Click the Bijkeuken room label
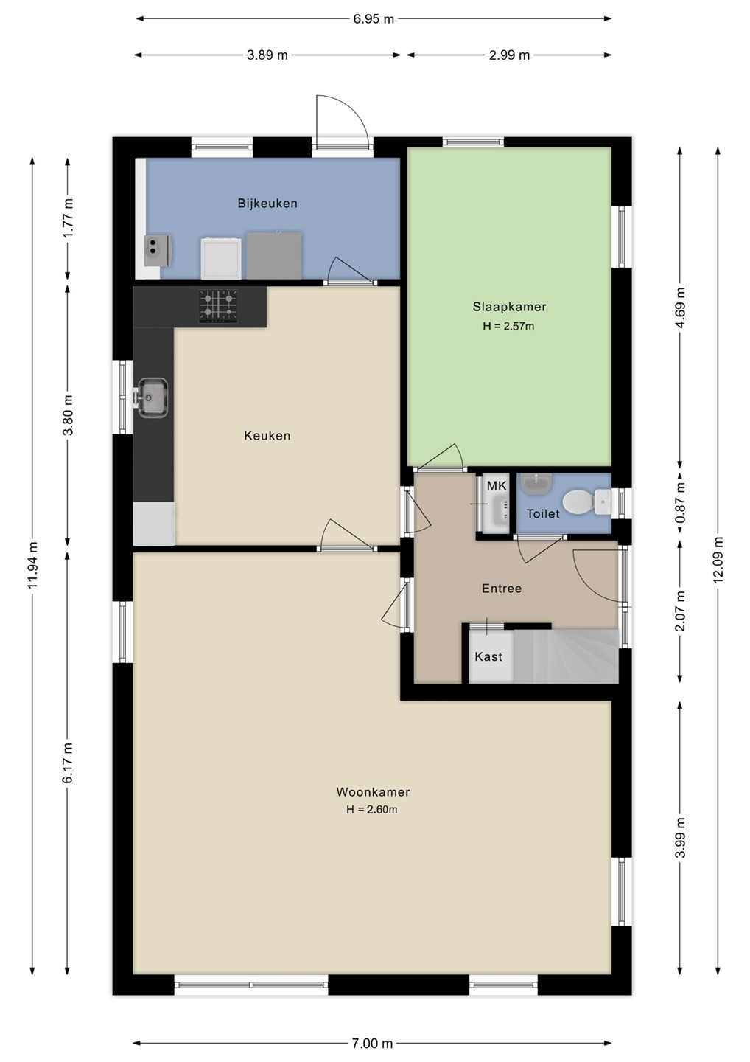(267, 204)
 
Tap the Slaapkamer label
(509, 307)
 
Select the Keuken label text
(267, 435)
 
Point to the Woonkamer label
(373, 791)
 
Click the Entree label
(502, 588)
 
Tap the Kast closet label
(488, 656)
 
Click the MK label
(497, 485)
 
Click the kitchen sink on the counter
(153, 398)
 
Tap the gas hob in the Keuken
(218, 306)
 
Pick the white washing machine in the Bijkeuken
(221, 258)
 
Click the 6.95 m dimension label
(373, 19)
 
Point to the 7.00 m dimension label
(372, 1043)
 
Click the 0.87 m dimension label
(681, 502)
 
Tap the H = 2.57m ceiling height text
(508, 326)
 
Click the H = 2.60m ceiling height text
(372, 809)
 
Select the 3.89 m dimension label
(267, 55)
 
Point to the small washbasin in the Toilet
(536, 482)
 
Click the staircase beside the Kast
(566, 656)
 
